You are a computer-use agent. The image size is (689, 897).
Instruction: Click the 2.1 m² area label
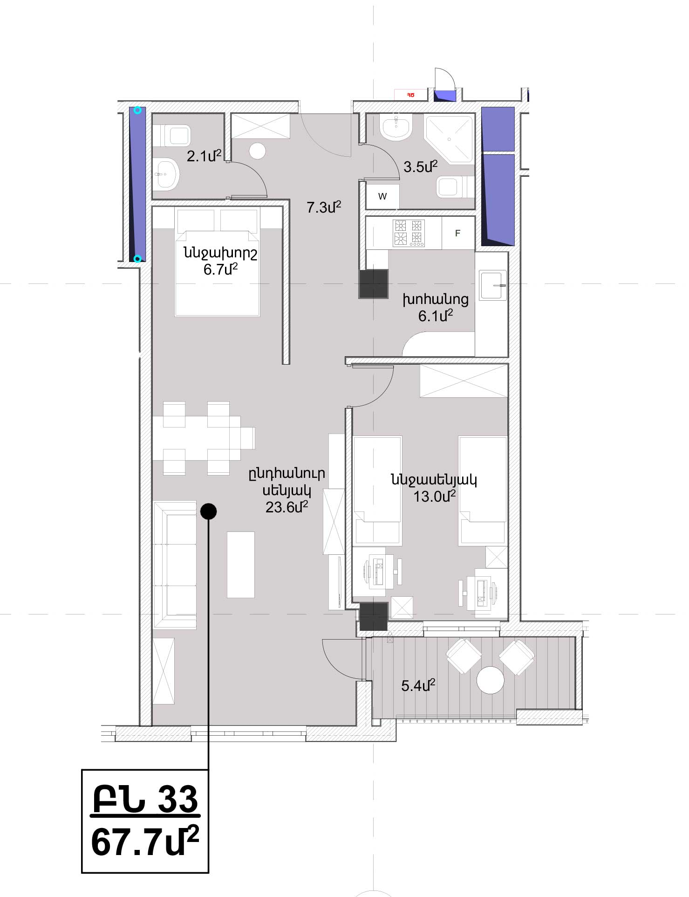(204, 156)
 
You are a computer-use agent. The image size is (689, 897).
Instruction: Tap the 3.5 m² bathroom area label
(421, 166)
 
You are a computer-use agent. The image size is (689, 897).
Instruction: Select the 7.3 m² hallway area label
(324, 207)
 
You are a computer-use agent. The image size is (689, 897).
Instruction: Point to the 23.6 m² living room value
(287, 507)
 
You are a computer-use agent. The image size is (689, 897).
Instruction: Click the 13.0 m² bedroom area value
(435, 496)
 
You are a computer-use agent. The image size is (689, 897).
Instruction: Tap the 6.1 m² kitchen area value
(436, 316)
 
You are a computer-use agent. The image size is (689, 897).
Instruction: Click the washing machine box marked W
(382, 196)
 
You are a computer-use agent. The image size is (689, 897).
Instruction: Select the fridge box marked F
(458, 233)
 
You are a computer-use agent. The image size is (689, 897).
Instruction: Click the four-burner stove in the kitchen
(409, 233)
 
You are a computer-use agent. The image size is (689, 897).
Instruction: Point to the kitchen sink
(493, 285)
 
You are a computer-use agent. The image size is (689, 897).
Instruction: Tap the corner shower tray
(449, 138)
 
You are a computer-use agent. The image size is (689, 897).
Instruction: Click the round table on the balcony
(491, 680)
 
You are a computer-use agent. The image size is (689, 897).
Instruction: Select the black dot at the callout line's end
(208, 511)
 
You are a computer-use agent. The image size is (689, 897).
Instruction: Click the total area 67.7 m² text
(145, 842)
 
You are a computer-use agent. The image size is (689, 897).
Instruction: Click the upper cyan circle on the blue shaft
(137, 110)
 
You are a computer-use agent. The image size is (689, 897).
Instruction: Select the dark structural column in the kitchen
(374, 284)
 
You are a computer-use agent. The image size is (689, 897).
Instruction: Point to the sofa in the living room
(175, 565)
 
